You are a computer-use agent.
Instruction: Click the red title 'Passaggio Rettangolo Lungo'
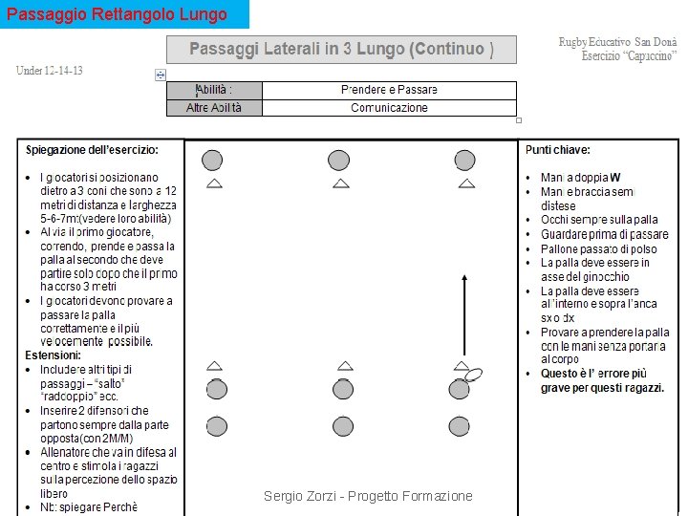click(x=117, y=14)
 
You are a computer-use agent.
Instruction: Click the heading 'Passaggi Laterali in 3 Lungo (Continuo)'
click(x=341, y=50)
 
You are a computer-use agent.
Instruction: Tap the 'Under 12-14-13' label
click(x=49, y=71)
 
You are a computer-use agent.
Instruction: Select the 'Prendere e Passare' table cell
click(x=389, y=90)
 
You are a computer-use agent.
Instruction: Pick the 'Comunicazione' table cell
click(x=389, y=108)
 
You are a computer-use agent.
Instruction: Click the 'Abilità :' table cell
click(x=214, y=90)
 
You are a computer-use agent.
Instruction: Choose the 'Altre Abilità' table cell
click(x=214, y=108)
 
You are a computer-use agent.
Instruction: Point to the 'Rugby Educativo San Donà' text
click(x=617, y=43)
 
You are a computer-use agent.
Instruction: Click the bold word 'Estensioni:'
click(x=53, y=355)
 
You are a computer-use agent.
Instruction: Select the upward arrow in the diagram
click(x=463, y=315)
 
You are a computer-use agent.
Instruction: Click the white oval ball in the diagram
click(x=473, y=375)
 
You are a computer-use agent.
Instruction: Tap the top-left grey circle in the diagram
click(x=212, y=160)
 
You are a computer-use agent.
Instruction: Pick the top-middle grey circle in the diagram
click(x=339, y=160)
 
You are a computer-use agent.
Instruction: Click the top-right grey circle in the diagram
click(x=465, y=160)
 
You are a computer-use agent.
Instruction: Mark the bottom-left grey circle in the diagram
click(x=217, y=426)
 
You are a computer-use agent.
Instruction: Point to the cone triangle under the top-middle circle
click(x=341, y=183)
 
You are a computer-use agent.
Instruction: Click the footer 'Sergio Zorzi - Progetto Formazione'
click(x=368, y=496)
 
